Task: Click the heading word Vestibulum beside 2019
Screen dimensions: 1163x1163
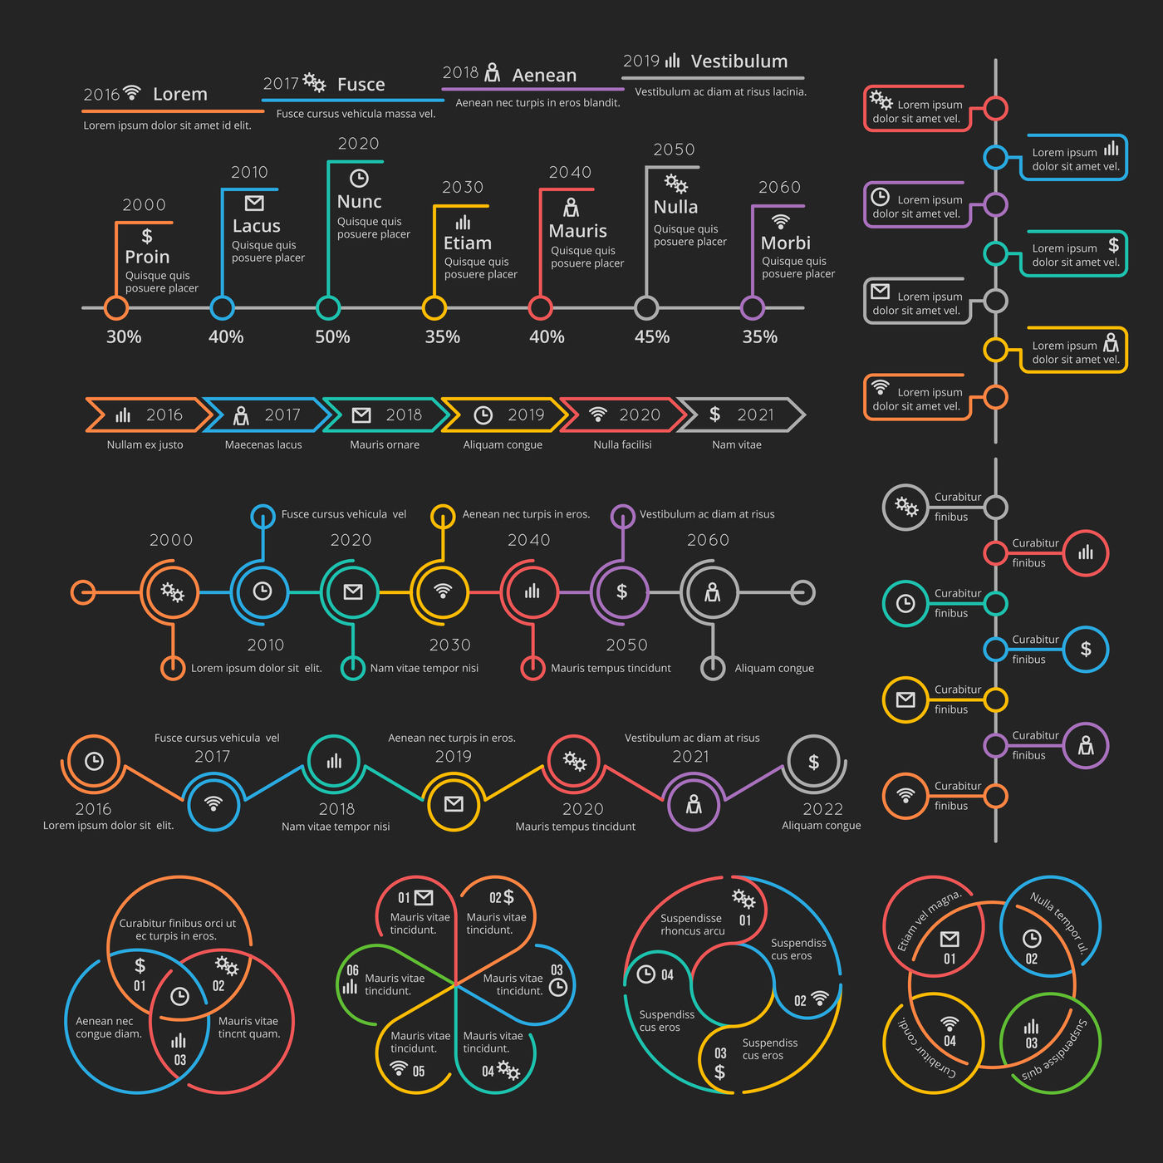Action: (739, 61)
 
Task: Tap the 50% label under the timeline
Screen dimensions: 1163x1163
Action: (332, 336)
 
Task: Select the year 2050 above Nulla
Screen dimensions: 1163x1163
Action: (675, 149)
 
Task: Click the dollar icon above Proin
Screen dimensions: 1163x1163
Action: (147, 235)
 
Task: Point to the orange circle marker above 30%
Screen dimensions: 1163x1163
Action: (115, 308)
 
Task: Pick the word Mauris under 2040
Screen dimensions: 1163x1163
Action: (577, 231)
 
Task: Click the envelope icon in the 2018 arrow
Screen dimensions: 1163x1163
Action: (361, 415)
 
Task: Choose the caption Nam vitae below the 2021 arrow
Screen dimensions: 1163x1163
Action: (736, 444)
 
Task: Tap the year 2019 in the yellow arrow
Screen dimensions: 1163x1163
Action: (526, 415)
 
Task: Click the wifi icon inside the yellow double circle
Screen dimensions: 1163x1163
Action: (443, 591)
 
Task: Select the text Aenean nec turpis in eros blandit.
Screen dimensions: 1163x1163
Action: (537, 103)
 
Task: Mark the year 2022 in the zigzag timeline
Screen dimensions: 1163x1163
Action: (822, 809)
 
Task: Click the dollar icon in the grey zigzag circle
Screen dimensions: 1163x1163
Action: (813, 762)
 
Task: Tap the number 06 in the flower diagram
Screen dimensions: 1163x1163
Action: (352, 970)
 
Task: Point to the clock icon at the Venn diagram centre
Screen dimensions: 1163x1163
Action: (180, 996)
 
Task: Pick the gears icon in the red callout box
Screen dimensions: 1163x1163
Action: (881, 100)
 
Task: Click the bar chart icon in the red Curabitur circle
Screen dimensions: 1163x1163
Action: (1085, 552)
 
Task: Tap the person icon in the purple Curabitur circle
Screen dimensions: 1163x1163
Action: (1086, 746)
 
